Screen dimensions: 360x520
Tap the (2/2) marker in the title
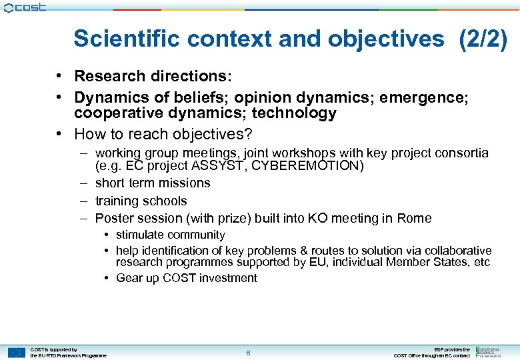pos(483,39)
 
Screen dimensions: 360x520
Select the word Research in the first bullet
pos(107,77)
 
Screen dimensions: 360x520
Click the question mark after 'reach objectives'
pos(248,134)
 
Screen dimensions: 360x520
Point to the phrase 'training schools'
pos(141,201)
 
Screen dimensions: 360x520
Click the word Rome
pos(415,218)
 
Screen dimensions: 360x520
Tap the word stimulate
pos(141,235)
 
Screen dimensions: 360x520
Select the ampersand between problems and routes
pos(304,251)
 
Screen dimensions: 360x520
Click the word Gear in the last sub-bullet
pos(129,278)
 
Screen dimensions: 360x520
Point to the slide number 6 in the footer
pos(248,353)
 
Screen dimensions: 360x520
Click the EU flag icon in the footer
pos(17,353)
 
